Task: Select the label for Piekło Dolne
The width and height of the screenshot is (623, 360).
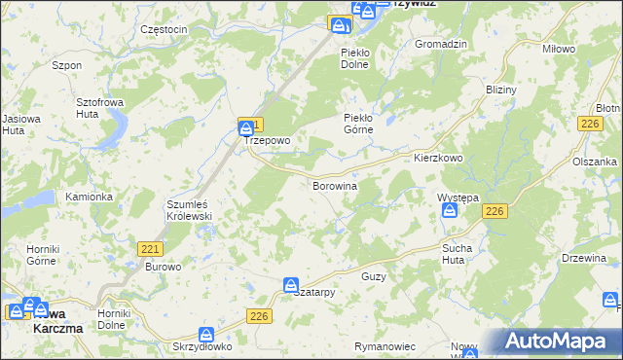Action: [359, 57]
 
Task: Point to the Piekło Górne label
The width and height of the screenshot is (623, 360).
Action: [364, 124]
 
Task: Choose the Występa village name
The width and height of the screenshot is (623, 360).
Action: [458, 198]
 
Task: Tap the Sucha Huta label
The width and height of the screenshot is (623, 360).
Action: [457, 254]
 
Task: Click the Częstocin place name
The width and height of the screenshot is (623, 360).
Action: [164, 29]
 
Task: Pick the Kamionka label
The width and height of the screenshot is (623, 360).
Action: [89, 197]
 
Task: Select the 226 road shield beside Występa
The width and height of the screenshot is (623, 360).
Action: [495, 212]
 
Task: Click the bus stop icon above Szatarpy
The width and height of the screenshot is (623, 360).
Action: [291, 284]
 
